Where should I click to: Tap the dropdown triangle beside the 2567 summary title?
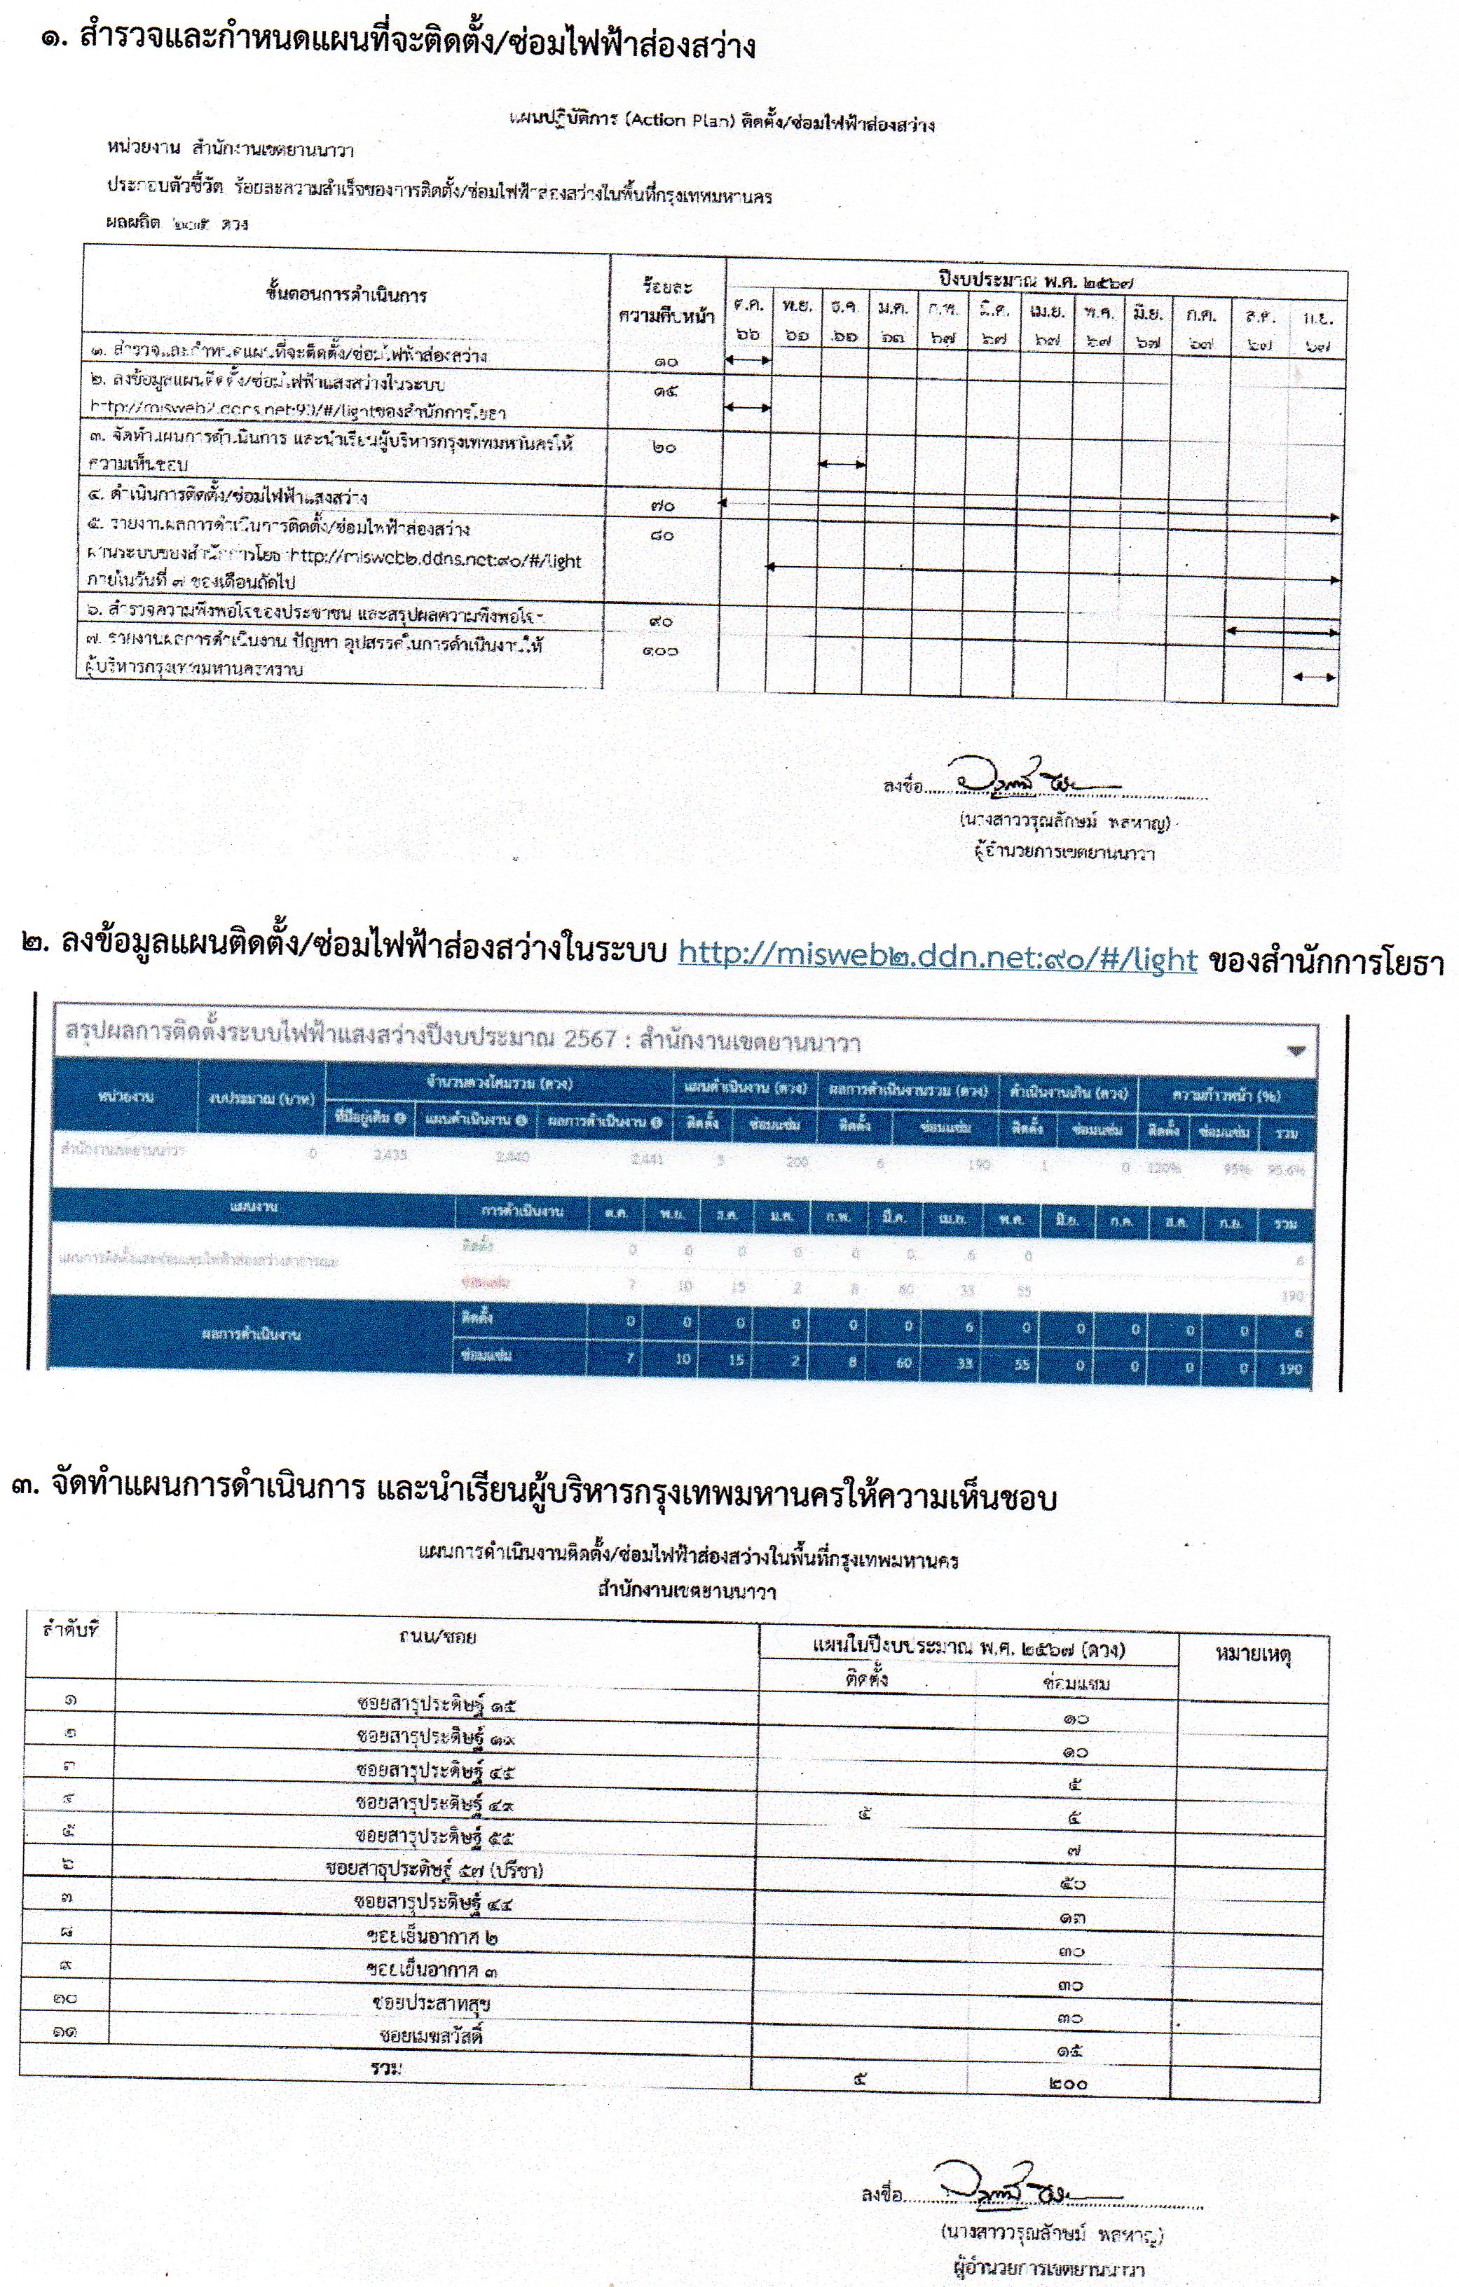(x=1296, y=1050)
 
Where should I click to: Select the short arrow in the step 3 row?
(x=842, y=465)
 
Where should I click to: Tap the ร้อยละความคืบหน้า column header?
(x=666, y=301)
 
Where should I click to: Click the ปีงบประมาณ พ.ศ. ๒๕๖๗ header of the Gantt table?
(x=1036, y=281)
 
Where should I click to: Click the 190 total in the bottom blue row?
(x=1290, y=1368)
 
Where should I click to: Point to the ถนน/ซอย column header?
(x=437, y=1636)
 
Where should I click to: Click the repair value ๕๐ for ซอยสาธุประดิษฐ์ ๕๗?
(x=1071, y=1883)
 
